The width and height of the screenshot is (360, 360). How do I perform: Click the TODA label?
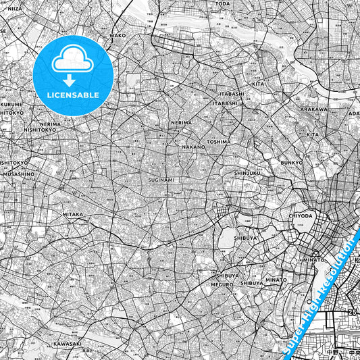click(x=222, y=3)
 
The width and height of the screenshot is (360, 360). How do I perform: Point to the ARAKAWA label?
click(x=314, y=109)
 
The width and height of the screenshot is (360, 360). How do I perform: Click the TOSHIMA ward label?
click(x=219, y=142)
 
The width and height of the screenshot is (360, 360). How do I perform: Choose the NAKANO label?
click(x=193, y=147)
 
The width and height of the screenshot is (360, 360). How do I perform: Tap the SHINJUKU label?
click(x=247, y=174)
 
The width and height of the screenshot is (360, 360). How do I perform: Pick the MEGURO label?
click(x=222, y=284)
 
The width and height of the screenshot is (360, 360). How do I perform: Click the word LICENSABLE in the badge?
click(x=73, y=95)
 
